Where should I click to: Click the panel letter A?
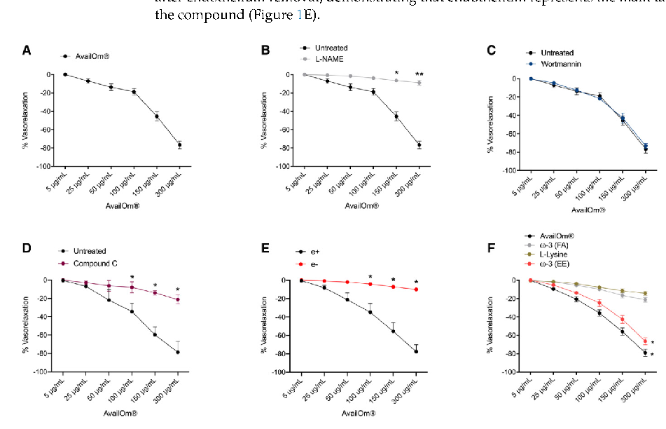click(x=27, y=50)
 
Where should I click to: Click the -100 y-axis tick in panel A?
click(x=43, y=167)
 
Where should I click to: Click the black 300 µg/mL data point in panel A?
click(x=179, y=145)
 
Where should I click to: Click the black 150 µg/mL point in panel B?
click(x=396, y=116)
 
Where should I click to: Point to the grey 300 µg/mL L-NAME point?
click(x=419, y=83)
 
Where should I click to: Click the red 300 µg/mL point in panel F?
click(x=644, y=341)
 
